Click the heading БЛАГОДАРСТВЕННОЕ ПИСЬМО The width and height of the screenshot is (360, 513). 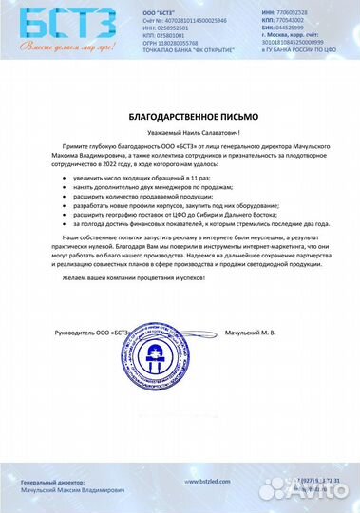pyautogui.click(x=180, y=115)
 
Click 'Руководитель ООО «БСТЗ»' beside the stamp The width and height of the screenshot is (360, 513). pyautogui.click(x=91, y=332)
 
